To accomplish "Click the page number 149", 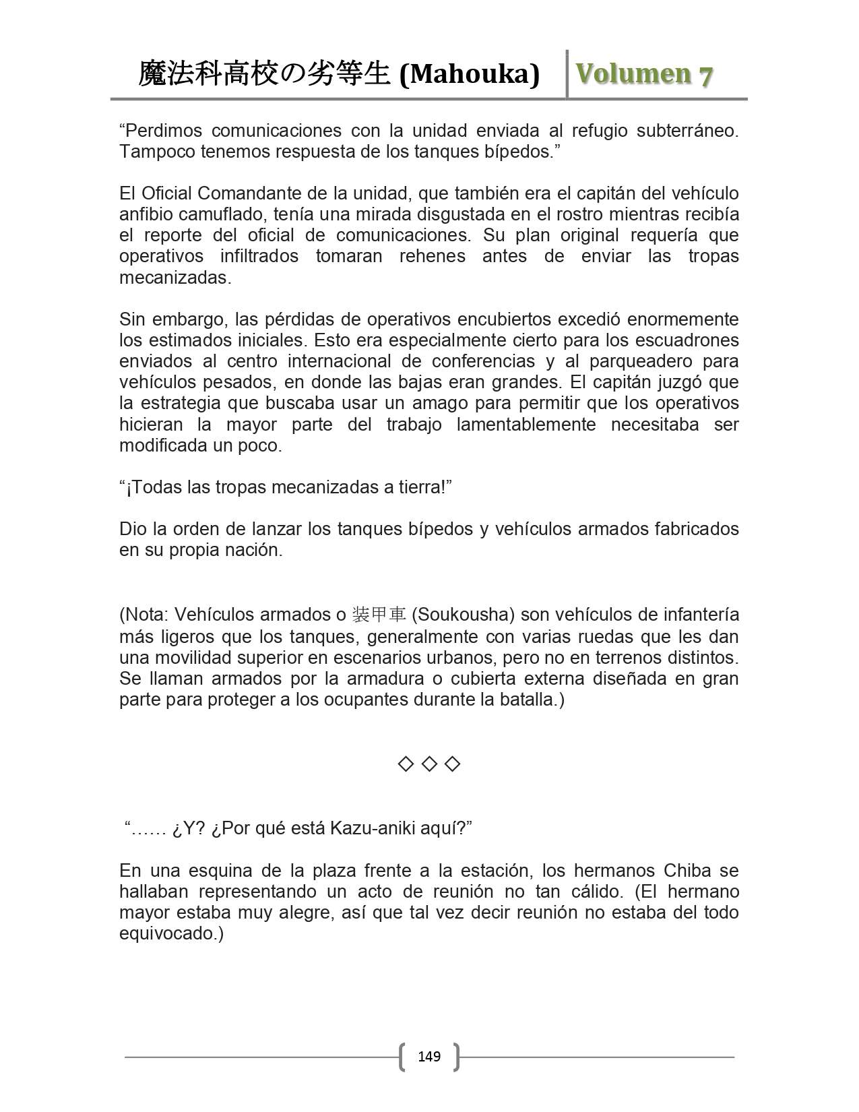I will pos(429,1056).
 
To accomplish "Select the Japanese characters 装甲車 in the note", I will pos(379,615).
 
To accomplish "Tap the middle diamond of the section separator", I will pos(429,764).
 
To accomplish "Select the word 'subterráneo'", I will pos(687,130).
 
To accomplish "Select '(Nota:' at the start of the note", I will pos(145,615).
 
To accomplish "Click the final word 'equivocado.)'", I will pos(171,933).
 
